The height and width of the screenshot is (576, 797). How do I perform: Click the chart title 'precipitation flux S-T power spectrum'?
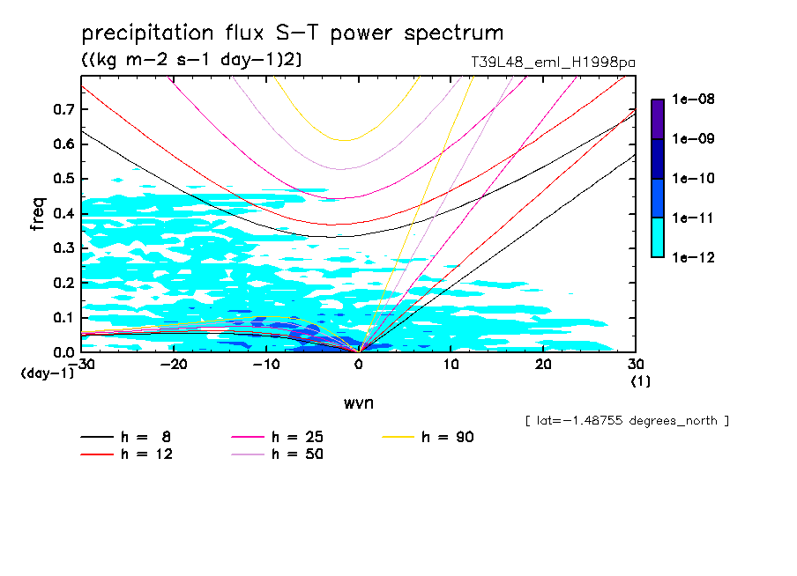tap(292, 34)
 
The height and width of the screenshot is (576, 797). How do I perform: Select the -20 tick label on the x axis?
tap(174, 365)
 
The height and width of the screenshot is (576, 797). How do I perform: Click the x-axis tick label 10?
tap(451, 365)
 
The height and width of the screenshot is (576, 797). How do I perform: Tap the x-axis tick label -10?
tap(265, 365)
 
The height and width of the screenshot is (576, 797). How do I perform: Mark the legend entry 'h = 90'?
tap(449, 437)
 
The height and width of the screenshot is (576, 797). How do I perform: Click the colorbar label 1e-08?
tap(693, 100)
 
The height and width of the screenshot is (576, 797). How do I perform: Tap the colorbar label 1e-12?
tap(693, 257)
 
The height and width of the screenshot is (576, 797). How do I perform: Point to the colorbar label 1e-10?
tap(693, 179)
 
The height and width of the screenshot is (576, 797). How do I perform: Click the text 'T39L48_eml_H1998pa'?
tap(553, 63)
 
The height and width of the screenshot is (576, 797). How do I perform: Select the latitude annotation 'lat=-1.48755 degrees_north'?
tap(627, 420)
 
